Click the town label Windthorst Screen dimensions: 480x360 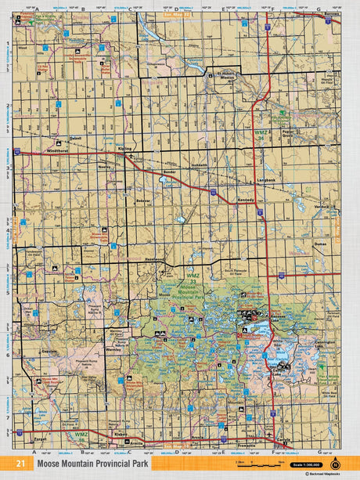click(57, 150)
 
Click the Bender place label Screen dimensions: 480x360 click(167, 171)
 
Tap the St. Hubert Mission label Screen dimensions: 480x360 click(227, 78)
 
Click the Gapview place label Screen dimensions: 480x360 click(50, 352)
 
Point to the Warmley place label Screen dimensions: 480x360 click(113, 350)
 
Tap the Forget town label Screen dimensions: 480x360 click(41, 440)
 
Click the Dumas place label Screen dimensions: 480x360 click(319, 244)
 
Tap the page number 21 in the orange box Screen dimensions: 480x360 click(20, 464)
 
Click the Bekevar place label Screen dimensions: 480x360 click(143, 201)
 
